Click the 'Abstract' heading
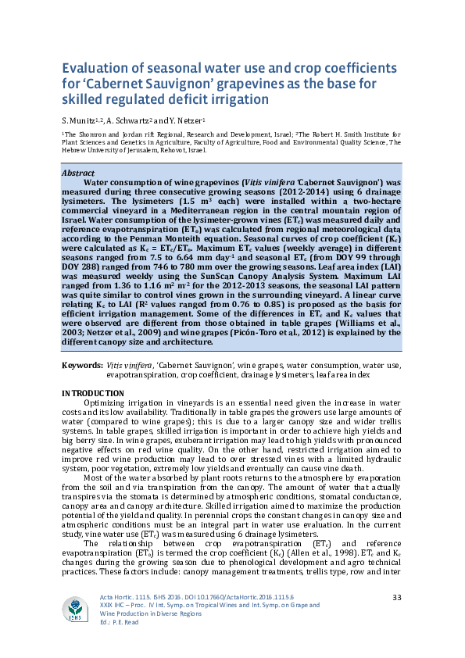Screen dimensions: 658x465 click(78, 172)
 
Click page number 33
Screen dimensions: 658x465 click(396, 597)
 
